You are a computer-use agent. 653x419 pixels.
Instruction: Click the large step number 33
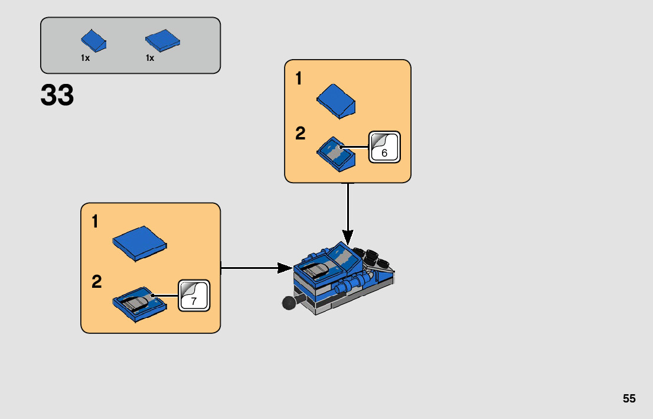click(57, 96)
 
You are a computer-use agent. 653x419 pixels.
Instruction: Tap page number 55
click(629, 398)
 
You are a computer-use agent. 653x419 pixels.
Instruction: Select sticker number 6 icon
click(384, 147)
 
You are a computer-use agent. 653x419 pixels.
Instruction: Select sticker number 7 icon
click(194, 295)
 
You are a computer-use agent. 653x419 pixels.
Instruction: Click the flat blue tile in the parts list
click(162, 41)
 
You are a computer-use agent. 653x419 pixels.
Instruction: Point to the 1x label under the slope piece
click(86, 58)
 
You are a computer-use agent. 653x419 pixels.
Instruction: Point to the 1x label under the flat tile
click(150, 58)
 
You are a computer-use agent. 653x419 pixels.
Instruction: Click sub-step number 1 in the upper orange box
click(299, 79)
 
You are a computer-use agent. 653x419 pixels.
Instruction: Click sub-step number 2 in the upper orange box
click(301, 134)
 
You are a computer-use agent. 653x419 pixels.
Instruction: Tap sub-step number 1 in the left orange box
click(95, 222)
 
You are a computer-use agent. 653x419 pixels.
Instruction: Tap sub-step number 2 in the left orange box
click(96, 282)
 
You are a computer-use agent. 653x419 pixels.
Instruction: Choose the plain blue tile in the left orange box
click(139, 242)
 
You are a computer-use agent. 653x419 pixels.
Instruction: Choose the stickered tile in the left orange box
click(139, 304)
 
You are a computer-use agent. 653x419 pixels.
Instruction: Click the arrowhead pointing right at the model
click(286, 268)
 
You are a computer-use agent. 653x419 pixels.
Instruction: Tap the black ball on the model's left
click(289, 303)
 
